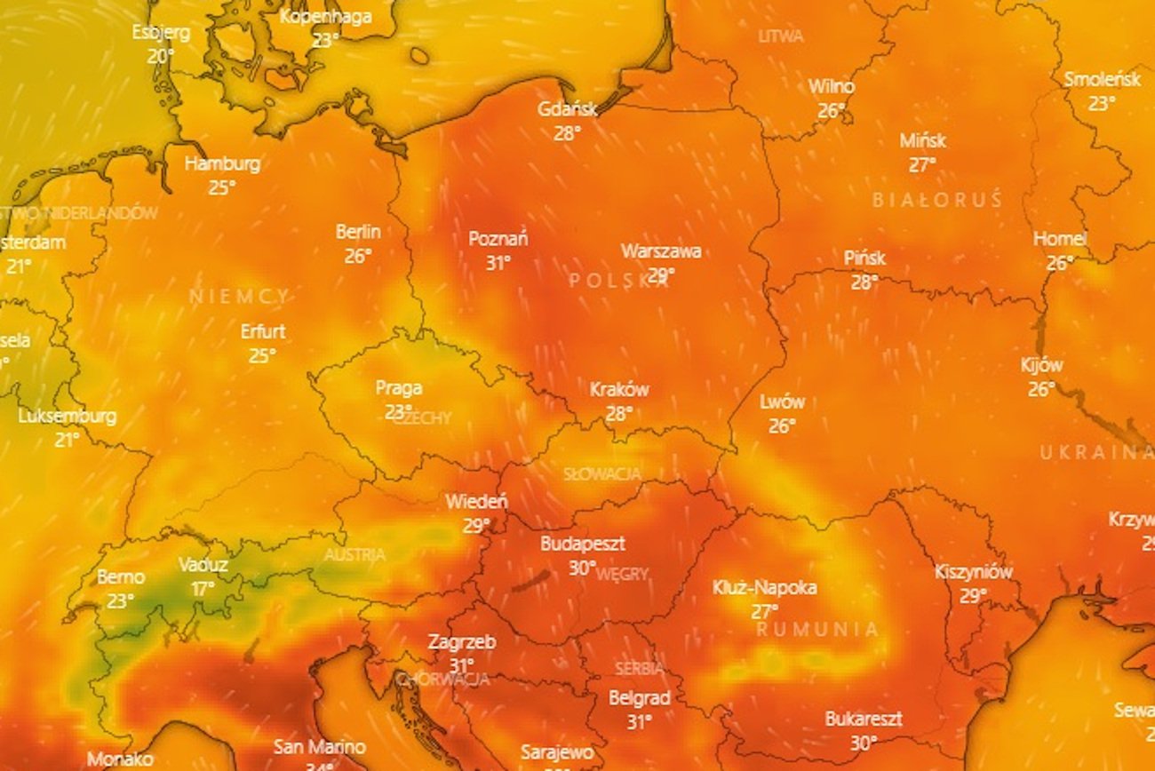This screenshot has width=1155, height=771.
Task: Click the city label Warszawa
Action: [660, 251]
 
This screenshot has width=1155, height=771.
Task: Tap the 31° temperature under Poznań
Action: [498, 263]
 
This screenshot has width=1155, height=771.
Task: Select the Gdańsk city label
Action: [567, 109]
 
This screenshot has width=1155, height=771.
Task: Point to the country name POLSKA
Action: [619, 281]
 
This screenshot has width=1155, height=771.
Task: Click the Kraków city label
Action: [619, 389]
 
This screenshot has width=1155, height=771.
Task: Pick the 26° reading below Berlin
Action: [358, 257]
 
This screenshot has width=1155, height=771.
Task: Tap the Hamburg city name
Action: [222, 163]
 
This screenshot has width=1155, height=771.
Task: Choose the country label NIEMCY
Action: [239, 297]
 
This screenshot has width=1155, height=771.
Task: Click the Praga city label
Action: [398, 388]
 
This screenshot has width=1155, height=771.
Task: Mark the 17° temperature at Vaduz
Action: [203, 589]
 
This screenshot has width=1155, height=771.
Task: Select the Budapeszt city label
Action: [582, 544]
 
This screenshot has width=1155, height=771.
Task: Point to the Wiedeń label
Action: [476, 501]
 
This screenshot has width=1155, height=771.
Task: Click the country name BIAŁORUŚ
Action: [936, 200]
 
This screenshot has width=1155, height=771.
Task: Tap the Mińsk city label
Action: [922, 140]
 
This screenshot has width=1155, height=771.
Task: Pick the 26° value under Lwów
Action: [782, 426]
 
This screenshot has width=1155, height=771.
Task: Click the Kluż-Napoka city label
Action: [764, 587]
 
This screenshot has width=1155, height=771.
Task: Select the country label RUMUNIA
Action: [817, 630]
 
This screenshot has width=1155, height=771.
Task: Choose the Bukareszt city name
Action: [864, 719]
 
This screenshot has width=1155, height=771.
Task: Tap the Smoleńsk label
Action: [1102, 79]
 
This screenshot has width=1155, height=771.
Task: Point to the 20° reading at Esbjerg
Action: [161, 56]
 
